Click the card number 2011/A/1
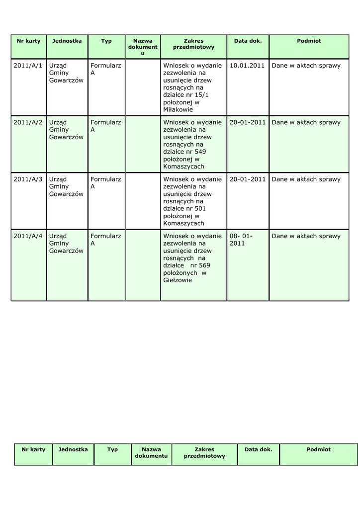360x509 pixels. click(x=28, y=66)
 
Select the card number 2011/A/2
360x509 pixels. click(x=28, y=122)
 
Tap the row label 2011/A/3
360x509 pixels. click(x=28, y=179)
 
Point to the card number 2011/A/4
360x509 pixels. click(x=28, y=236)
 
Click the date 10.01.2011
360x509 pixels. click(x=247, y=66)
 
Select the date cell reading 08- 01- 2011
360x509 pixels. click(x=241, y=240)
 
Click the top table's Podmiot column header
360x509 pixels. click(x=309, y=41)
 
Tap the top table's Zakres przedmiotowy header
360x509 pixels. click(x=193, y=44)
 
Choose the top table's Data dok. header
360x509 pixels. click(x=248, y=41)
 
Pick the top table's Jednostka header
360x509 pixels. click(x=67, y=41)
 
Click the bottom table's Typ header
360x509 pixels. click(x=113, y=450)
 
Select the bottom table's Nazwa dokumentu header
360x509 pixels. click(x=151, y=453)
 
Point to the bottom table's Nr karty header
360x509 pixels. click(x=33, y=450)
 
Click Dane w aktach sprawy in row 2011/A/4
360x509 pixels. click(x=306, y=236)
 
